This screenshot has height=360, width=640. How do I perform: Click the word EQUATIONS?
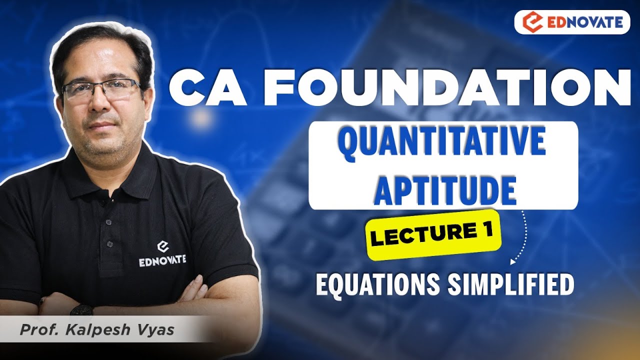coord(376,284)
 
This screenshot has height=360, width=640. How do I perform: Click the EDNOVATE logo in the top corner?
coord(572,22)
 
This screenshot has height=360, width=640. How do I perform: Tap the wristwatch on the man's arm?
coord(81,310)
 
